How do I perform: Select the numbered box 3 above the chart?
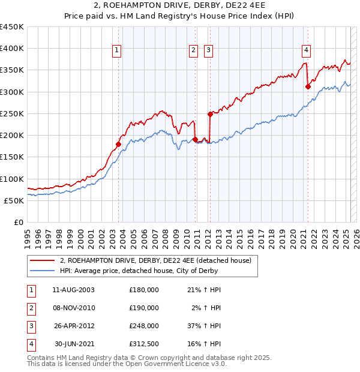click(x=208, y=50)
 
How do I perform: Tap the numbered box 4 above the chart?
click(x=306, y=50)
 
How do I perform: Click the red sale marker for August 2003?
click(x=118, y=144)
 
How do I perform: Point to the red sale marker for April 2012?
click(x=210, y=114)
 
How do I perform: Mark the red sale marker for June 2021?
click(x=308, y=86)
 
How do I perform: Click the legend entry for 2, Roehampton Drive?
click(x=158, y=260)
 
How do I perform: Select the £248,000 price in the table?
click(x=143, y=326)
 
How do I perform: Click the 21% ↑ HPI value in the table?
click(x=207, y=290)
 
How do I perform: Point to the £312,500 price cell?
click(x=143, y=344)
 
